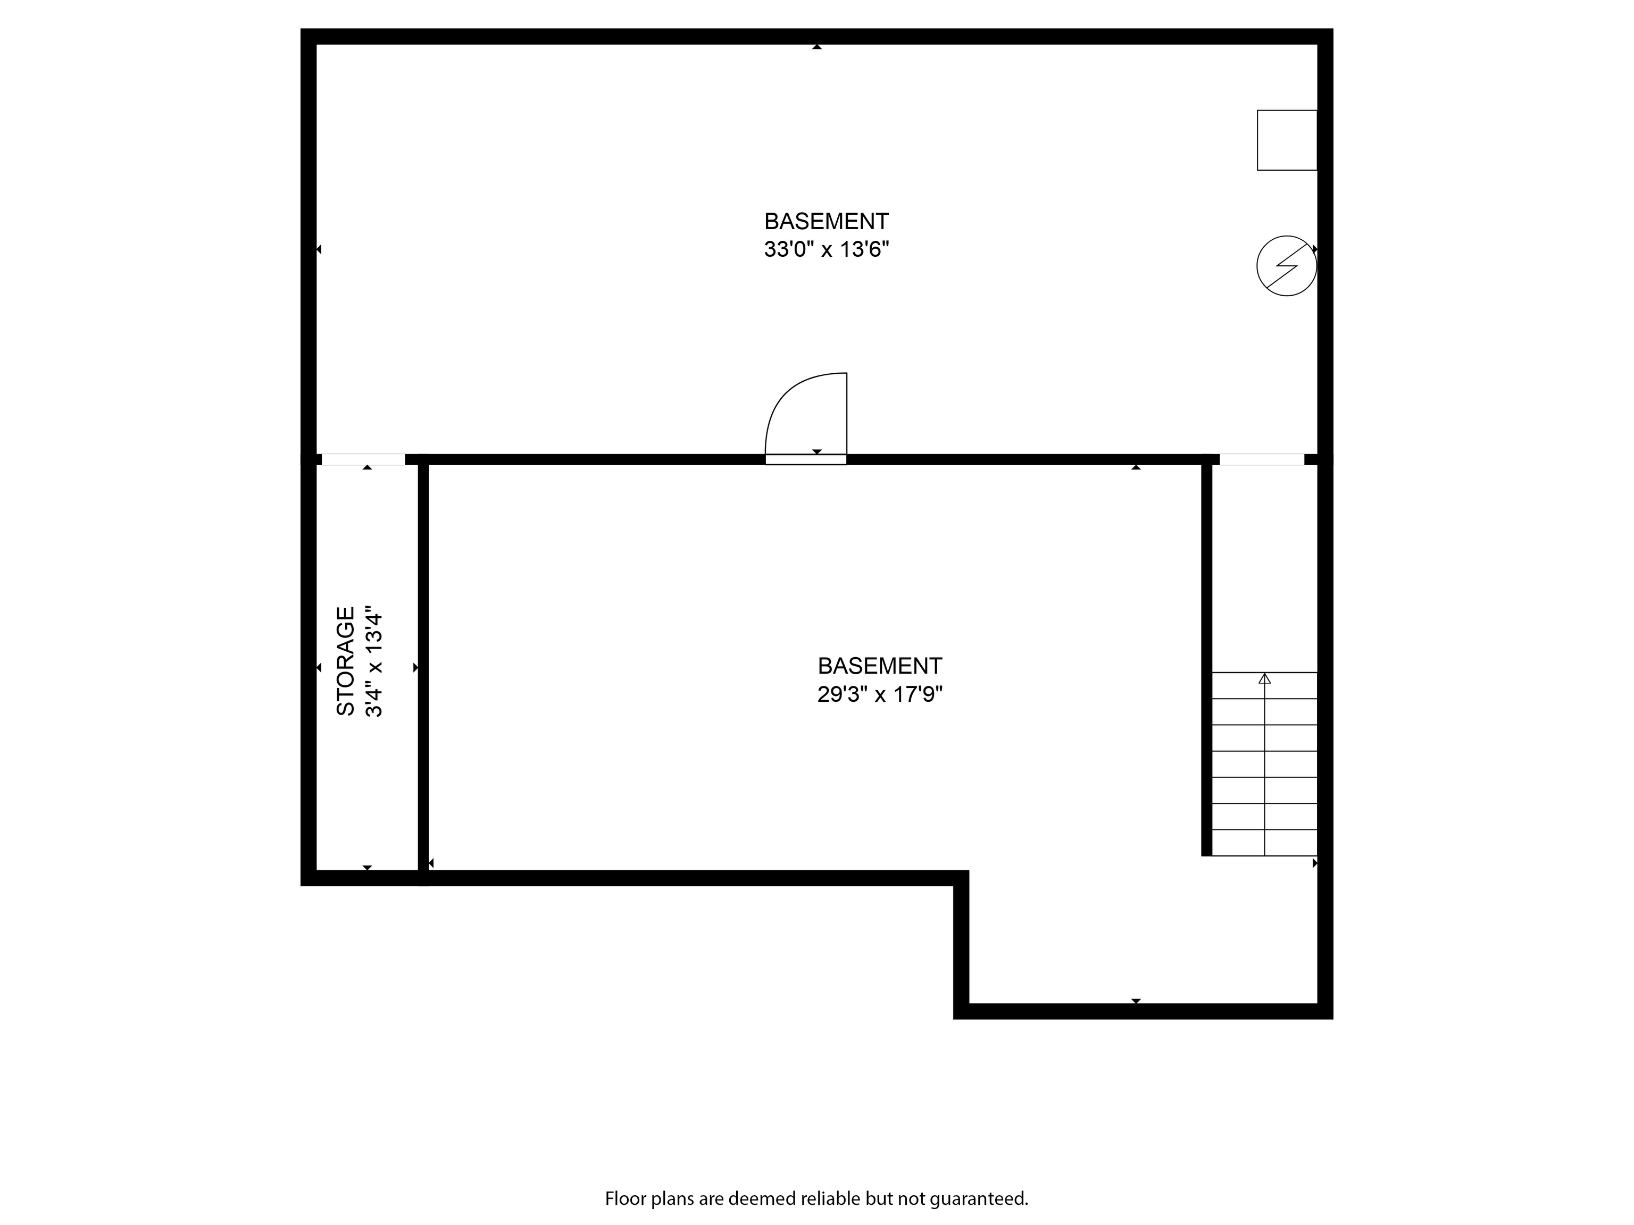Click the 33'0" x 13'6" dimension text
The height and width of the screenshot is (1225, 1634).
[826, 249]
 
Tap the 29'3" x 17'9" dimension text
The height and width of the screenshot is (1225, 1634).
[880, 694]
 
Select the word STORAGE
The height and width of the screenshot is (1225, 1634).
[346, 661]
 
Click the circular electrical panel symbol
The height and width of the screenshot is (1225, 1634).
[1286, 266]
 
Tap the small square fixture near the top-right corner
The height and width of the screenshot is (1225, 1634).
[1287, 140]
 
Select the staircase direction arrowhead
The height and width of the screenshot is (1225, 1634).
[1265, 678]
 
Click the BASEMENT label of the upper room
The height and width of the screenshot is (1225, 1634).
[826, 221]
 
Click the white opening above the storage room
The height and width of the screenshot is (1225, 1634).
[363, 459]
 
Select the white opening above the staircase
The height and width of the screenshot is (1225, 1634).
[1262, 459]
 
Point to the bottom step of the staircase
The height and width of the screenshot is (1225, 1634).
[1265, 843]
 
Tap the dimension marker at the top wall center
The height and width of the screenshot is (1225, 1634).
[817, 46]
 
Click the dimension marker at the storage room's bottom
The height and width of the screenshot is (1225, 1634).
[367, 868]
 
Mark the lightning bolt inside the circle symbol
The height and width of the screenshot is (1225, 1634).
[1287, 266]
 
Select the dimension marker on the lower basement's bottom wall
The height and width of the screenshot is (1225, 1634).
[1136, 1001]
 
